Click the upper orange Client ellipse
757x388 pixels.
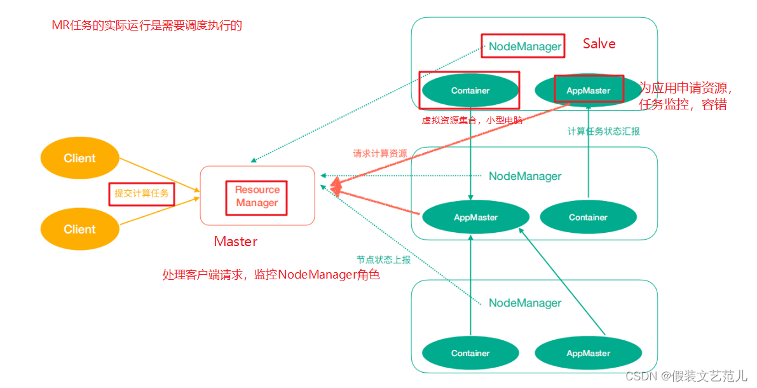[x=79, y=158]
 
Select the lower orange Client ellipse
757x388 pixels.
[x=79, y=229]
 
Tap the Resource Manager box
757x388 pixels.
[x=257, y=196]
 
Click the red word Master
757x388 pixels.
[x=236, y=242]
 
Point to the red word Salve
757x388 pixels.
[x=599, y=43]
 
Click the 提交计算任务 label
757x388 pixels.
[x=142, y=194]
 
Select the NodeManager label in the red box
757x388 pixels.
[x=525, y=46]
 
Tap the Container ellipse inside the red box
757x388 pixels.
[x=470, y=90]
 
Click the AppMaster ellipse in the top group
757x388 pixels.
[x=589, y=90]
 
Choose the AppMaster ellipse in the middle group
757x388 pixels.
[x=475, y=218]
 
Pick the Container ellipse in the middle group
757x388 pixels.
[x=588, y=218]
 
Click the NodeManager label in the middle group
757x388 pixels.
[x=525, y=176]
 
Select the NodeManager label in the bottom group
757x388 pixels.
[x=525, y=303]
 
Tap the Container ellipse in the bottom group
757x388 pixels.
[x=470, y=353]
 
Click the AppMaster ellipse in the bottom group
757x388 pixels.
[x=589, y=353]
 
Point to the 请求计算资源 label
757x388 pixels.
[x=380, y=154]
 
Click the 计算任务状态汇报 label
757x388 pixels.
[x=603, y=132]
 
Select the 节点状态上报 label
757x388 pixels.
[x=383, y=260]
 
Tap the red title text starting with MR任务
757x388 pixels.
[x=147, y=25]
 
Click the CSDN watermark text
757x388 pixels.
[x=686, y=376]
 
